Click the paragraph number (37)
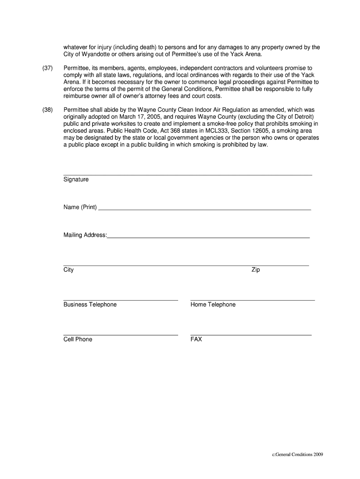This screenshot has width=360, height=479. tap(47, 68)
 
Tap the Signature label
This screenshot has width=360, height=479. tap(76, 180)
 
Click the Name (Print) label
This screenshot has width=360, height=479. tap(80, 207)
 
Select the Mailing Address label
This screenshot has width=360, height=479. tap(85, 235)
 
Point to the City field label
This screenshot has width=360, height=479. tap(68, 270)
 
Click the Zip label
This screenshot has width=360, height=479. tap(255, 270)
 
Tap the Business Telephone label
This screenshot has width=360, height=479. tap(90, 305)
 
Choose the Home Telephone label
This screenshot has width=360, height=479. tap(213, 305)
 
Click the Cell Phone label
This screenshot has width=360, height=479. tap(78, 339)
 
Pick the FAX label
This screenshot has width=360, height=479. tap(196, 339)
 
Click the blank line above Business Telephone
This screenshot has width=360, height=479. tap(120, 300)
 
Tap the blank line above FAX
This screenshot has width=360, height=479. tap(251, 335)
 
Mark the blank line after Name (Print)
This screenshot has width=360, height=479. tap(204, 210)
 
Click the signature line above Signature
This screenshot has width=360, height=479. tap(187, 175)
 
